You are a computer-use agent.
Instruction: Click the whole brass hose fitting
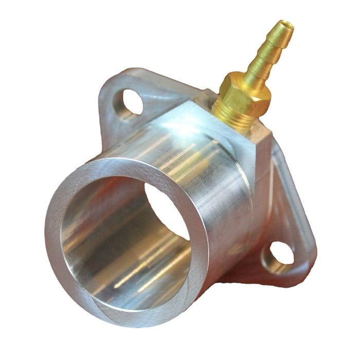tap(252, 77)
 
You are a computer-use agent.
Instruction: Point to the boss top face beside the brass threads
tap(206, 111)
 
